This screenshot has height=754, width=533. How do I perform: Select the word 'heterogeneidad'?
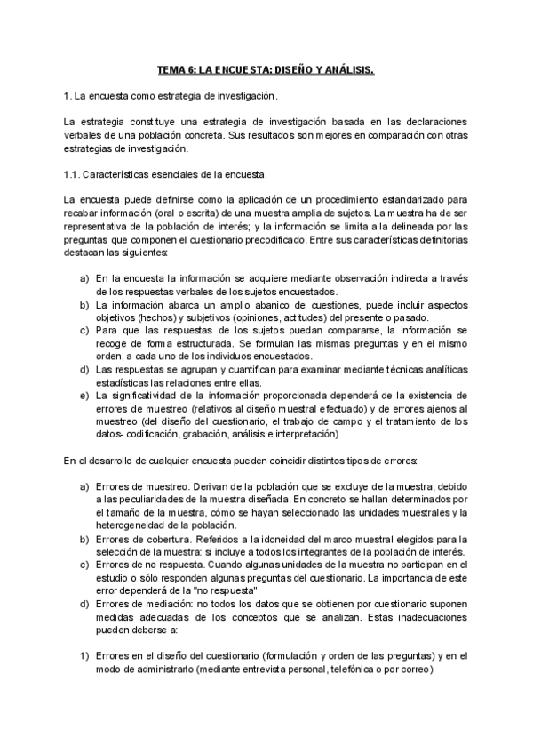coord(135,525)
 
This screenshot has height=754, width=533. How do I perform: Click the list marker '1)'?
coord(84,654)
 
